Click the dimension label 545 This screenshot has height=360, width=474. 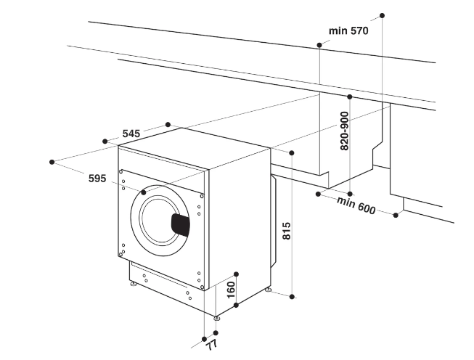click(131, 134)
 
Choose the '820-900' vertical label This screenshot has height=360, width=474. click(344, 131)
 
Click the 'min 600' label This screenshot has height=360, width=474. click(356, 205)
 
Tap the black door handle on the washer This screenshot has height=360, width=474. click(180, 224)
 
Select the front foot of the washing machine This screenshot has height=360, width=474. click(217, 317)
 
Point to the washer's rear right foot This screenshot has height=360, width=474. click(269, 290)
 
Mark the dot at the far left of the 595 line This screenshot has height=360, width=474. click(52, 162)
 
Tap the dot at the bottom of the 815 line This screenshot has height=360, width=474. click(292, 296)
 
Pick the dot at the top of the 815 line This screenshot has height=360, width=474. click(292, 153)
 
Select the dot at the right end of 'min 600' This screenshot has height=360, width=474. click(397, 214)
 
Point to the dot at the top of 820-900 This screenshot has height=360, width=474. click(349, 97)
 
